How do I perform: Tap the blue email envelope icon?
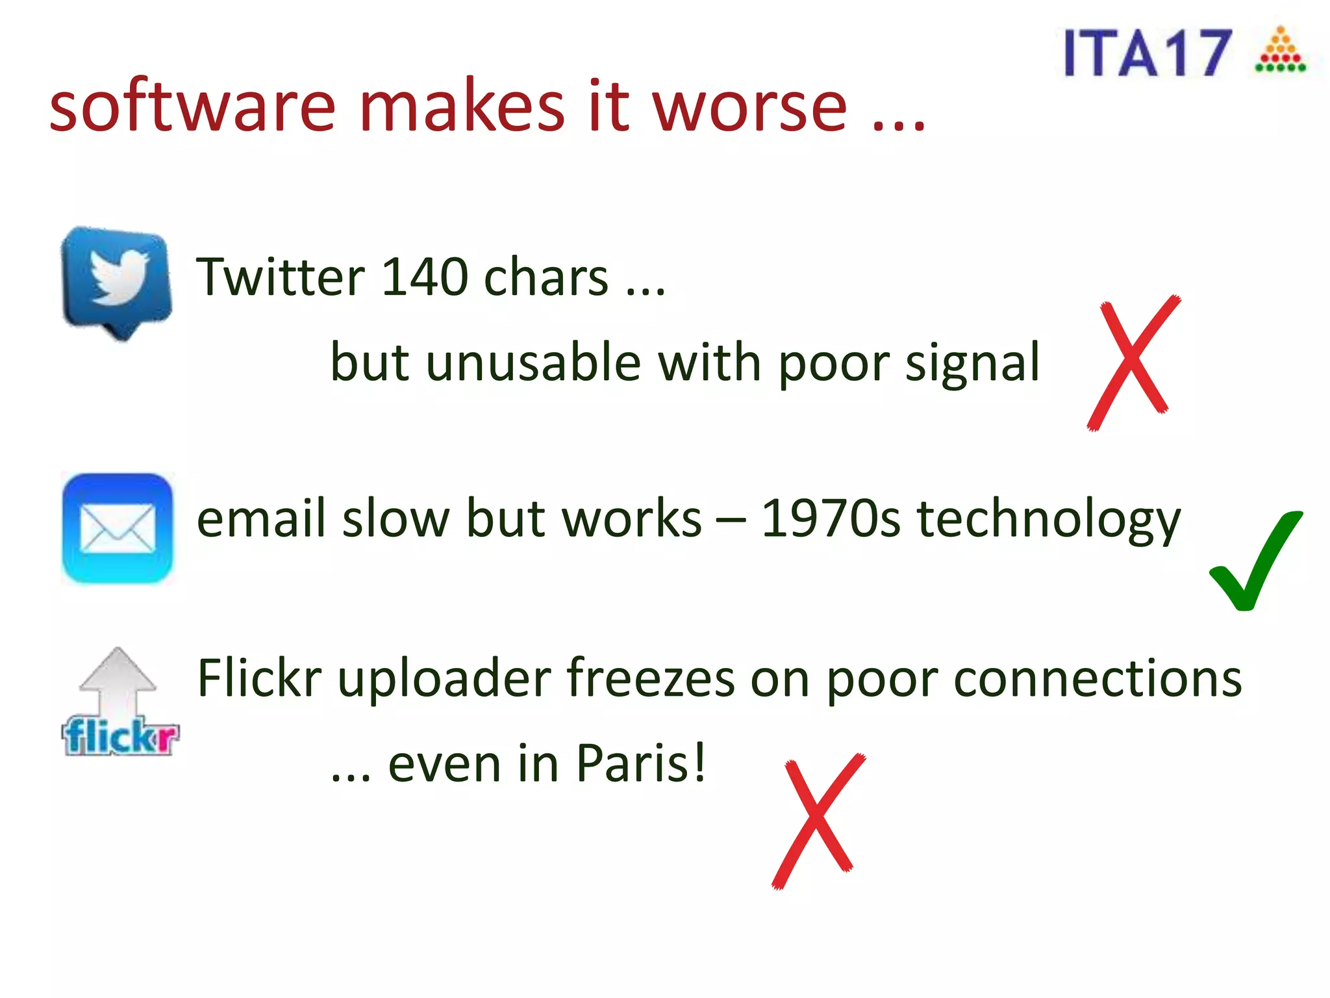point(118,528)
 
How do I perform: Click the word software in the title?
point(192,106)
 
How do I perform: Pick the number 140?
point(425,277)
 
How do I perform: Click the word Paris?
point(640,763)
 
